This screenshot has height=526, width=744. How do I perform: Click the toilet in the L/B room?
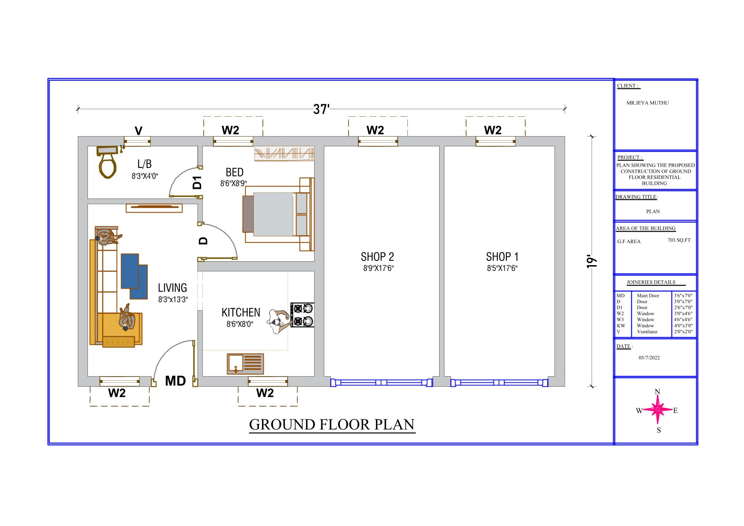click(x=108, y=162)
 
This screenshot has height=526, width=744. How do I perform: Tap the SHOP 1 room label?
click(x=502, y=257)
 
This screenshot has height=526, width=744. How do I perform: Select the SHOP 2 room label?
click(x=377, y=257)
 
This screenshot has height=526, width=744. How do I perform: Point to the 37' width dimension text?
click(x=321, y=109)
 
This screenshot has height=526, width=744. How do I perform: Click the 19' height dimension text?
click(x=592, y=262)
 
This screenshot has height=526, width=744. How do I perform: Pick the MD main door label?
click(x=175, y=381)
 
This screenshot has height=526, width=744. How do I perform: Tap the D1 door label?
click(x=197, y=183)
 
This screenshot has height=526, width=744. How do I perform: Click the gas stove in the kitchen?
click(x=302, y=315)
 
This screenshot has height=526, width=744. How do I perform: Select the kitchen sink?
click(x=246, y=364)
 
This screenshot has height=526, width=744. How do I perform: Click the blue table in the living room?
click(x=134, y=276)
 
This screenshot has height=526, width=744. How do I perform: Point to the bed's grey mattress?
click(x=273, y=214)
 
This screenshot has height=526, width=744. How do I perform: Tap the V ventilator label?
click(x=138, y=130)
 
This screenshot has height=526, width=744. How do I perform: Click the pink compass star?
click(x=658, y=409)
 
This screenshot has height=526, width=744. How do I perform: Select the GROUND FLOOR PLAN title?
click(x=332, y=424)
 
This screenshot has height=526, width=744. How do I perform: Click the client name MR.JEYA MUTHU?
click(x=647, y=103)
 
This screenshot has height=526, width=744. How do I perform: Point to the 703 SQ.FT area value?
click(x=679, y=240)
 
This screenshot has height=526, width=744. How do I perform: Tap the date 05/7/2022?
click(x=649, y=358)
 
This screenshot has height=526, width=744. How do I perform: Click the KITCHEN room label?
click(x=241, y=313)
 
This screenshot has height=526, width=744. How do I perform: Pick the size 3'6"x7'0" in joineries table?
click(x=683, y=295)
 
